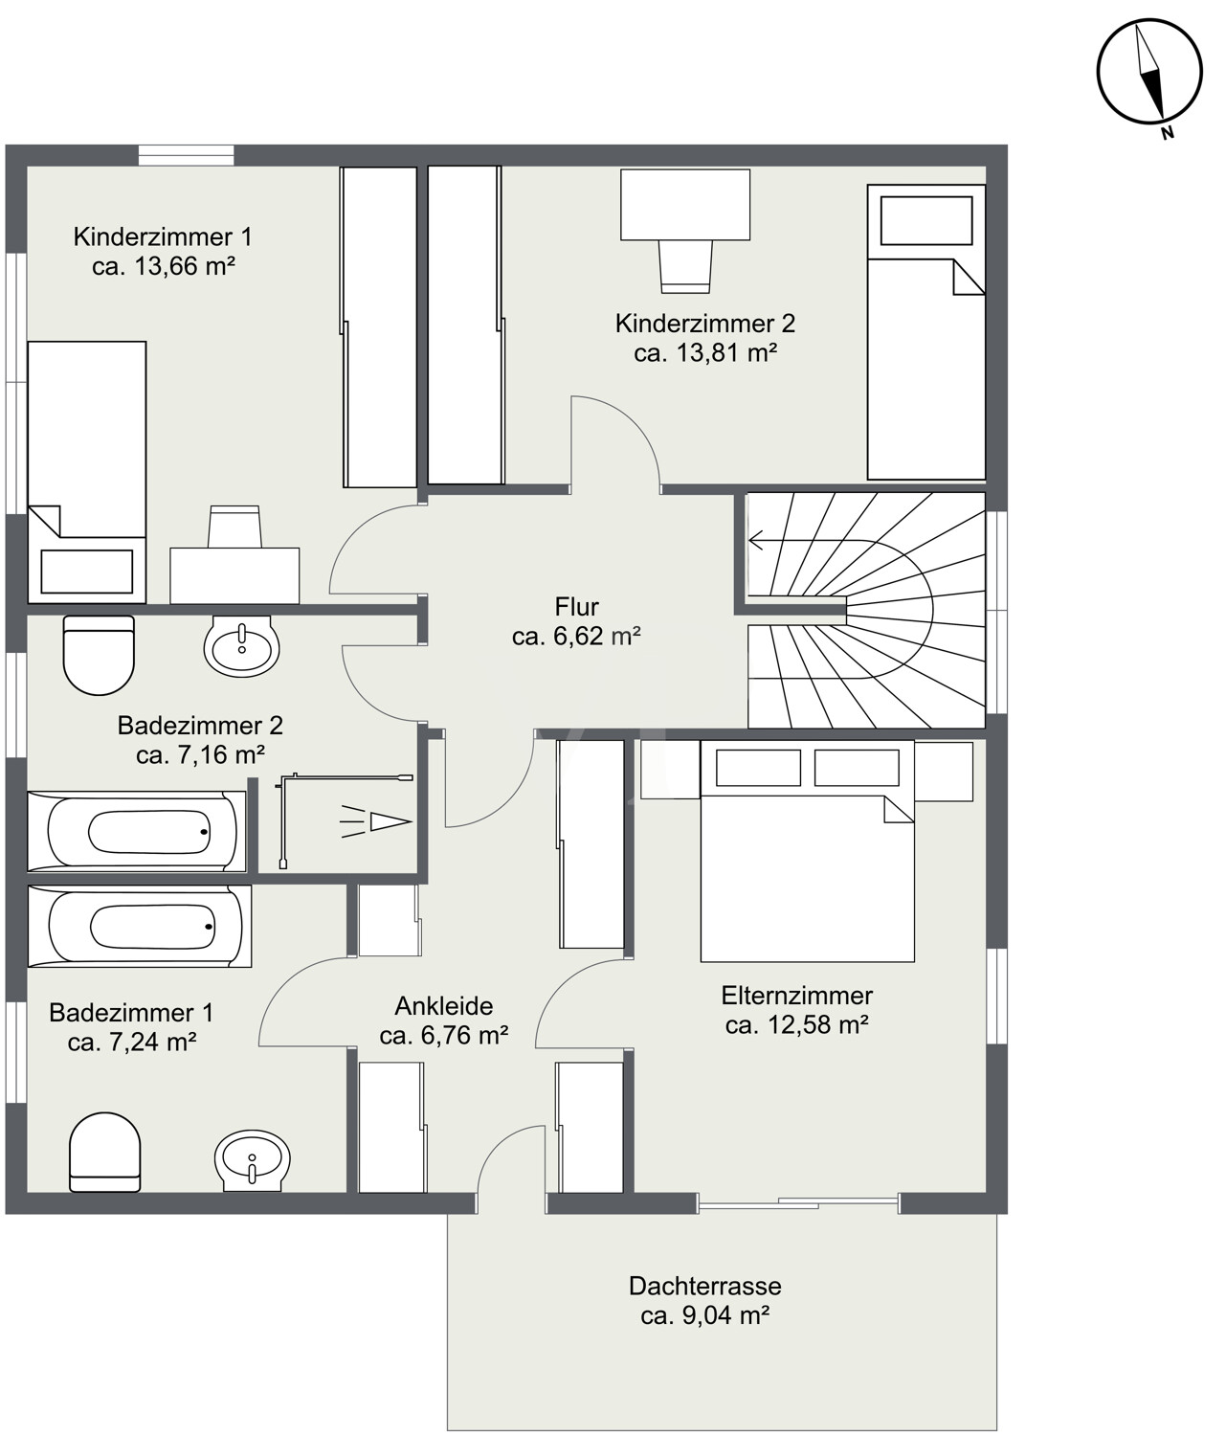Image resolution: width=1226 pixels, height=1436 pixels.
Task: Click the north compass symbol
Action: [x=1148, y=72]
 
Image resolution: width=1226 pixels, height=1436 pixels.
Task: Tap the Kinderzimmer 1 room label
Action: [x=163, y=236]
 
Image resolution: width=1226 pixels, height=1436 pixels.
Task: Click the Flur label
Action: [x=576, y=607]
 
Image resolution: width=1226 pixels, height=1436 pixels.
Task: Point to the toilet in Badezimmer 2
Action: [x=99, y=655]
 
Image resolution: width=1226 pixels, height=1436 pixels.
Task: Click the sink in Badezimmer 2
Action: [x=242, y=646]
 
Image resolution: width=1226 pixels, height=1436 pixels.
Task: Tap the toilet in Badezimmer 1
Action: [x=105, y=1153]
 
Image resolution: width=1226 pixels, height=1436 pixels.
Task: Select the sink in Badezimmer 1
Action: [x=252, y=1161]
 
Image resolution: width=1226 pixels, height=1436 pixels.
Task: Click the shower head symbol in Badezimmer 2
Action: [x=376, y=821]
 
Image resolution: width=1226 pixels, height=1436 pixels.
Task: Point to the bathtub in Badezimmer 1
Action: [x=140, y=927]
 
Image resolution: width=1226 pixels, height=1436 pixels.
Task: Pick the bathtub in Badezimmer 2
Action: [x=137, y=832]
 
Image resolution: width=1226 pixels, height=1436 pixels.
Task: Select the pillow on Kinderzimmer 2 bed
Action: [x=925, y=220]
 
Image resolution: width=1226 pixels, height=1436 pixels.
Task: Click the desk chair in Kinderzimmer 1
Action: [x=234, y=527]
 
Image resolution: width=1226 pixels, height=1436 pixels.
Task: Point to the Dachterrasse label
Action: [x=705, y=1286]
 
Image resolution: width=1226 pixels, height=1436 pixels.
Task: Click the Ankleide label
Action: [x=444, y=1006]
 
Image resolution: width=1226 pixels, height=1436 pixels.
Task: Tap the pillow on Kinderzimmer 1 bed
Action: [x=87, y=572]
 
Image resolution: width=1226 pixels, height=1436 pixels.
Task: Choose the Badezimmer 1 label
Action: [x=131, y=1013]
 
